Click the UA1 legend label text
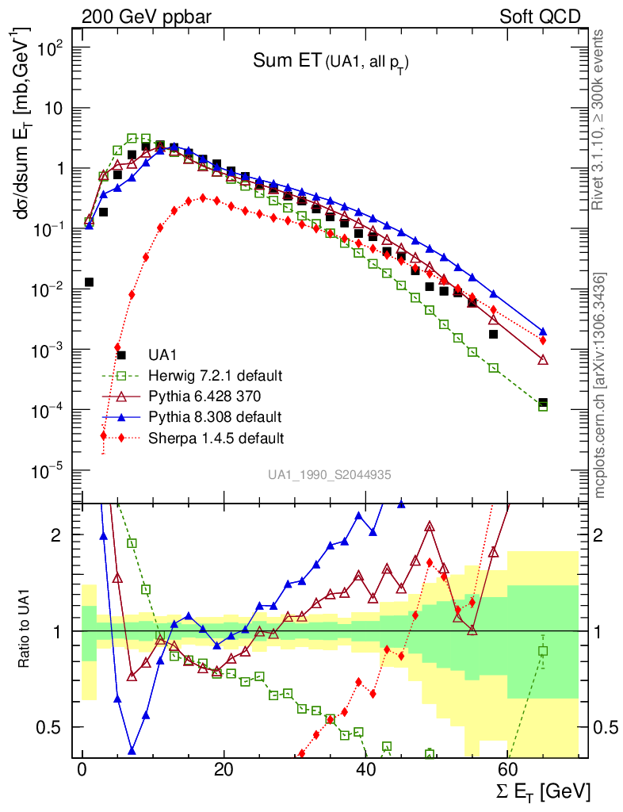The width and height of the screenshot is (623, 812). coord(163,354)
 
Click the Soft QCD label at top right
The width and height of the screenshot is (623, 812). coord(540,16)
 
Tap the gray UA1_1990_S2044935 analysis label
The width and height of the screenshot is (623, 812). coord(329,475)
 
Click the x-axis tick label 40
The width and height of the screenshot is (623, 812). coord(365,772)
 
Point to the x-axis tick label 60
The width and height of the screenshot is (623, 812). coord(506,772)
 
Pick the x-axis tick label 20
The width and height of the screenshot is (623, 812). coord(224,772)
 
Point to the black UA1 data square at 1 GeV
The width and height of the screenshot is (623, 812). coord(90,282)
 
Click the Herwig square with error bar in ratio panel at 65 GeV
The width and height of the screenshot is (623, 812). coord(543,651)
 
